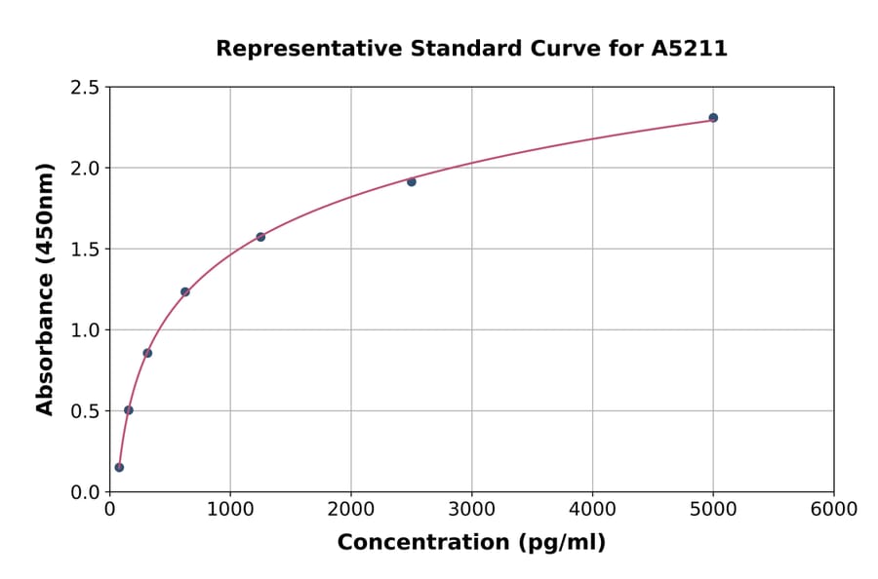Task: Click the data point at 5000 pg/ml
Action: click(x=713, y=118)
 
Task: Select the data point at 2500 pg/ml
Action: click(x=412, y=181)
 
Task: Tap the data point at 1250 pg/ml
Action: click(x=260, y=237)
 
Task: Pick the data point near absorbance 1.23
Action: click(x=185, y=291)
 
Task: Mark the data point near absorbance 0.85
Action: click(x=147, y=353)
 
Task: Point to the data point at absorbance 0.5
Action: click(x=129, y=409)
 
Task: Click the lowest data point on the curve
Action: click(x=119, y=467)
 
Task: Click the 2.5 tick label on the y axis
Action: click(x=84, y=88)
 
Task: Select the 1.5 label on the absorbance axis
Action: click(x=84, y=250)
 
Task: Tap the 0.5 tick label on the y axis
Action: click(x=84, y=411)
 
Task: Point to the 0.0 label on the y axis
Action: click(x=84, y=492)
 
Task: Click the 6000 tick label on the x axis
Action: click(x=833, y=510)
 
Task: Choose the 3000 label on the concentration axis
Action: click(x=471, y=510)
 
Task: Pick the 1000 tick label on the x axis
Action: click(x=230, y=510)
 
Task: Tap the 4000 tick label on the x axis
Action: click(x=592, y=510)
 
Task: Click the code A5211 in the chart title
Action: click(x=689, y=49)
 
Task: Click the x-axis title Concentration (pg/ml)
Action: click(x=471, y=543)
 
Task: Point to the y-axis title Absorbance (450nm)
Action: click(x=45, y=289)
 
